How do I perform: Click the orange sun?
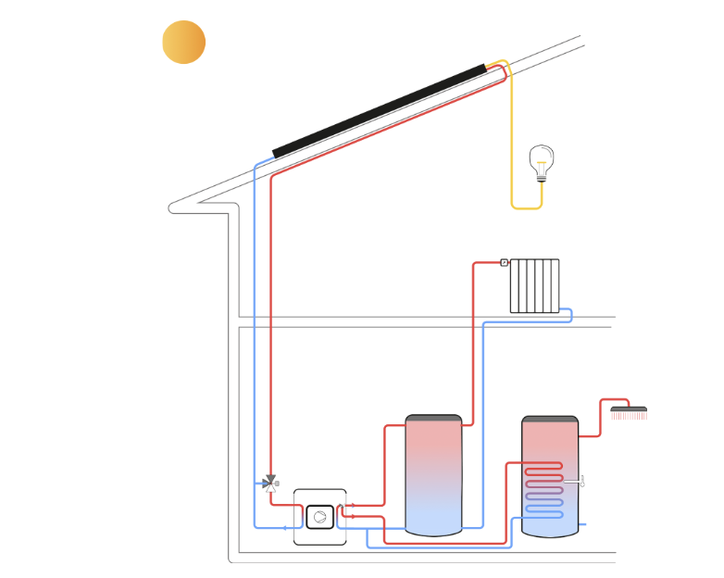(x=183, y=43)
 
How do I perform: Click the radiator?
(x=535, y=285)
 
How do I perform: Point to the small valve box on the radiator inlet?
(x=504, y=262)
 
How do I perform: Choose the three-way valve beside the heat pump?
(x=269, y=483)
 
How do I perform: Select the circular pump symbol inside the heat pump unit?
(x=319, y=517)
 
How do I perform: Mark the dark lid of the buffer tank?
(x=433, y=418)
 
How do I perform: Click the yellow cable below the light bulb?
(x=526, y=207)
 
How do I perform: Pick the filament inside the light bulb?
(x=542, y=165)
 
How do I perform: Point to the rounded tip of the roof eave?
(x=173, y=207)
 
